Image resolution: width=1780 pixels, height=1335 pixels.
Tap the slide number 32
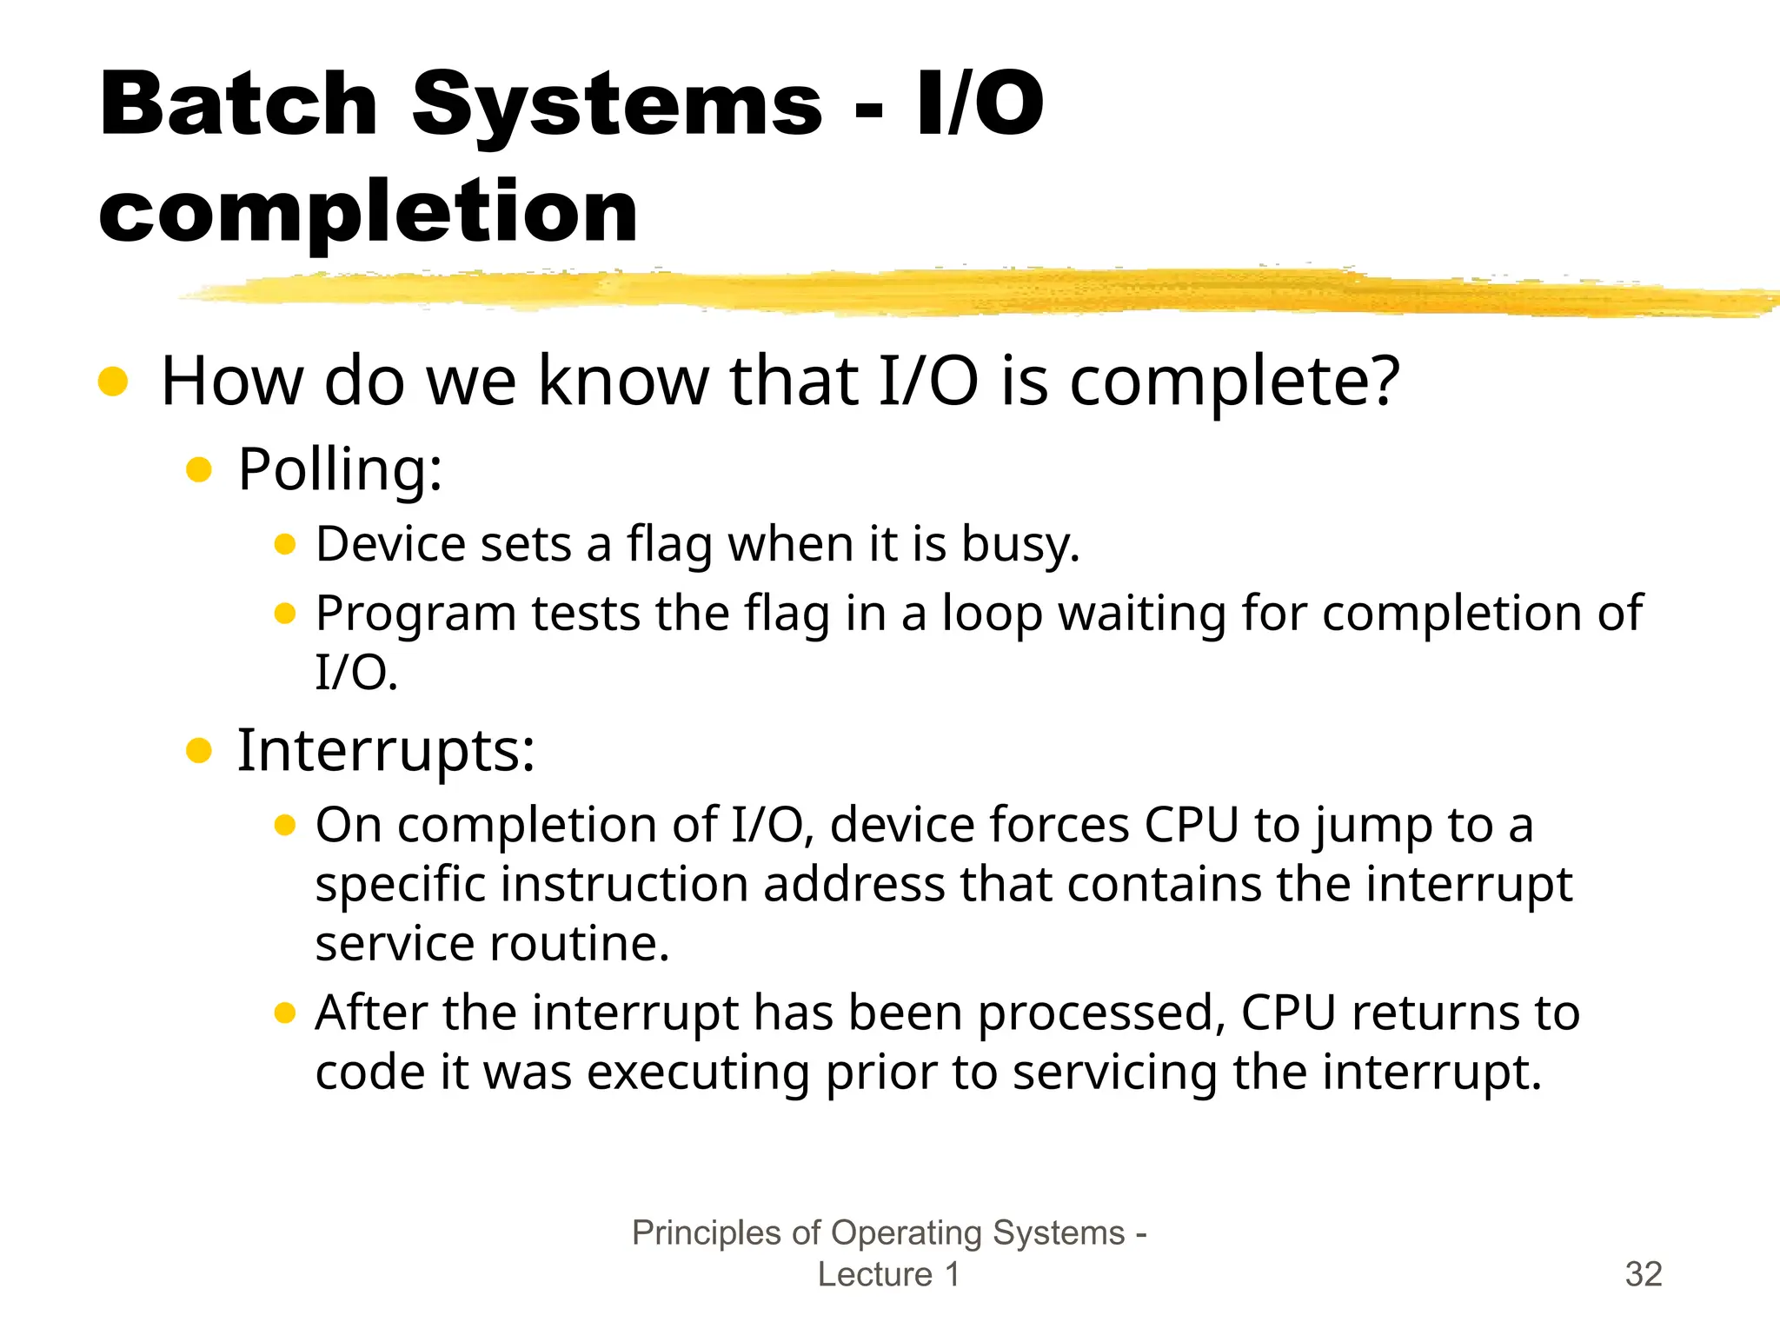pos(1643,1274)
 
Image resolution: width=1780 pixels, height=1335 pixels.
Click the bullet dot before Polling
pos(199,470)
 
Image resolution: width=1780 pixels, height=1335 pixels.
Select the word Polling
pos(339,470)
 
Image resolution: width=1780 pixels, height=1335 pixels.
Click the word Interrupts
pos(385,750)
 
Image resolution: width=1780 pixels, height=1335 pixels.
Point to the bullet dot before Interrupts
pos(199,750)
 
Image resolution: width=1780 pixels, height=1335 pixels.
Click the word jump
pos(1372,826)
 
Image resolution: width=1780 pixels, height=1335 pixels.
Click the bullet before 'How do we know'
pos(113,381)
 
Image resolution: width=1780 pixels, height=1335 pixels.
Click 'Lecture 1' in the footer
pos(888,1274)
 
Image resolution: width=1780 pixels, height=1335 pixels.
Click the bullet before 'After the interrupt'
pos(285,1013)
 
